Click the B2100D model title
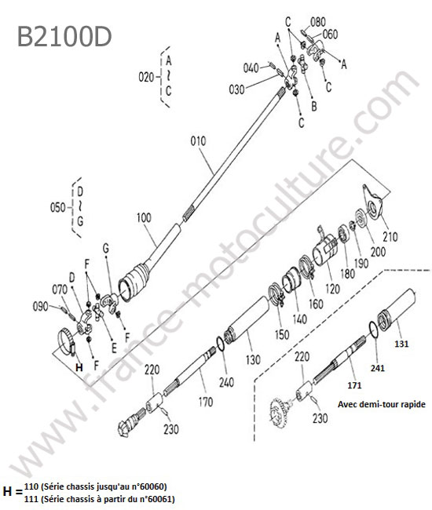click(x=64, y=36)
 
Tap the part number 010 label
click(x=198, y=141)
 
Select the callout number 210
click(x=390, y=236)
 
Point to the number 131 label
click(x=401, y=344)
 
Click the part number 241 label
click(x=378, y=368)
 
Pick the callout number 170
click(x=206, y=402)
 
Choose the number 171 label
click(x=354, y=385)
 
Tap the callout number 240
click(x=226, y=382)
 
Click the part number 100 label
click(x=144, y=217)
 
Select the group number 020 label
click(x=146, y=78)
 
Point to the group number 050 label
click(x=57, y=207)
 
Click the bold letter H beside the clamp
click(x=79, y=367)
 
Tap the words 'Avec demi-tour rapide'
click(x=382, y=404)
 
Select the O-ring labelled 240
click(x=221, y=344)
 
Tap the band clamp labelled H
click(x=67, y=341)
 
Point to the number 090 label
click(x=40, y=307)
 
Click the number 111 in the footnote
click(x=31, y=499)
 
